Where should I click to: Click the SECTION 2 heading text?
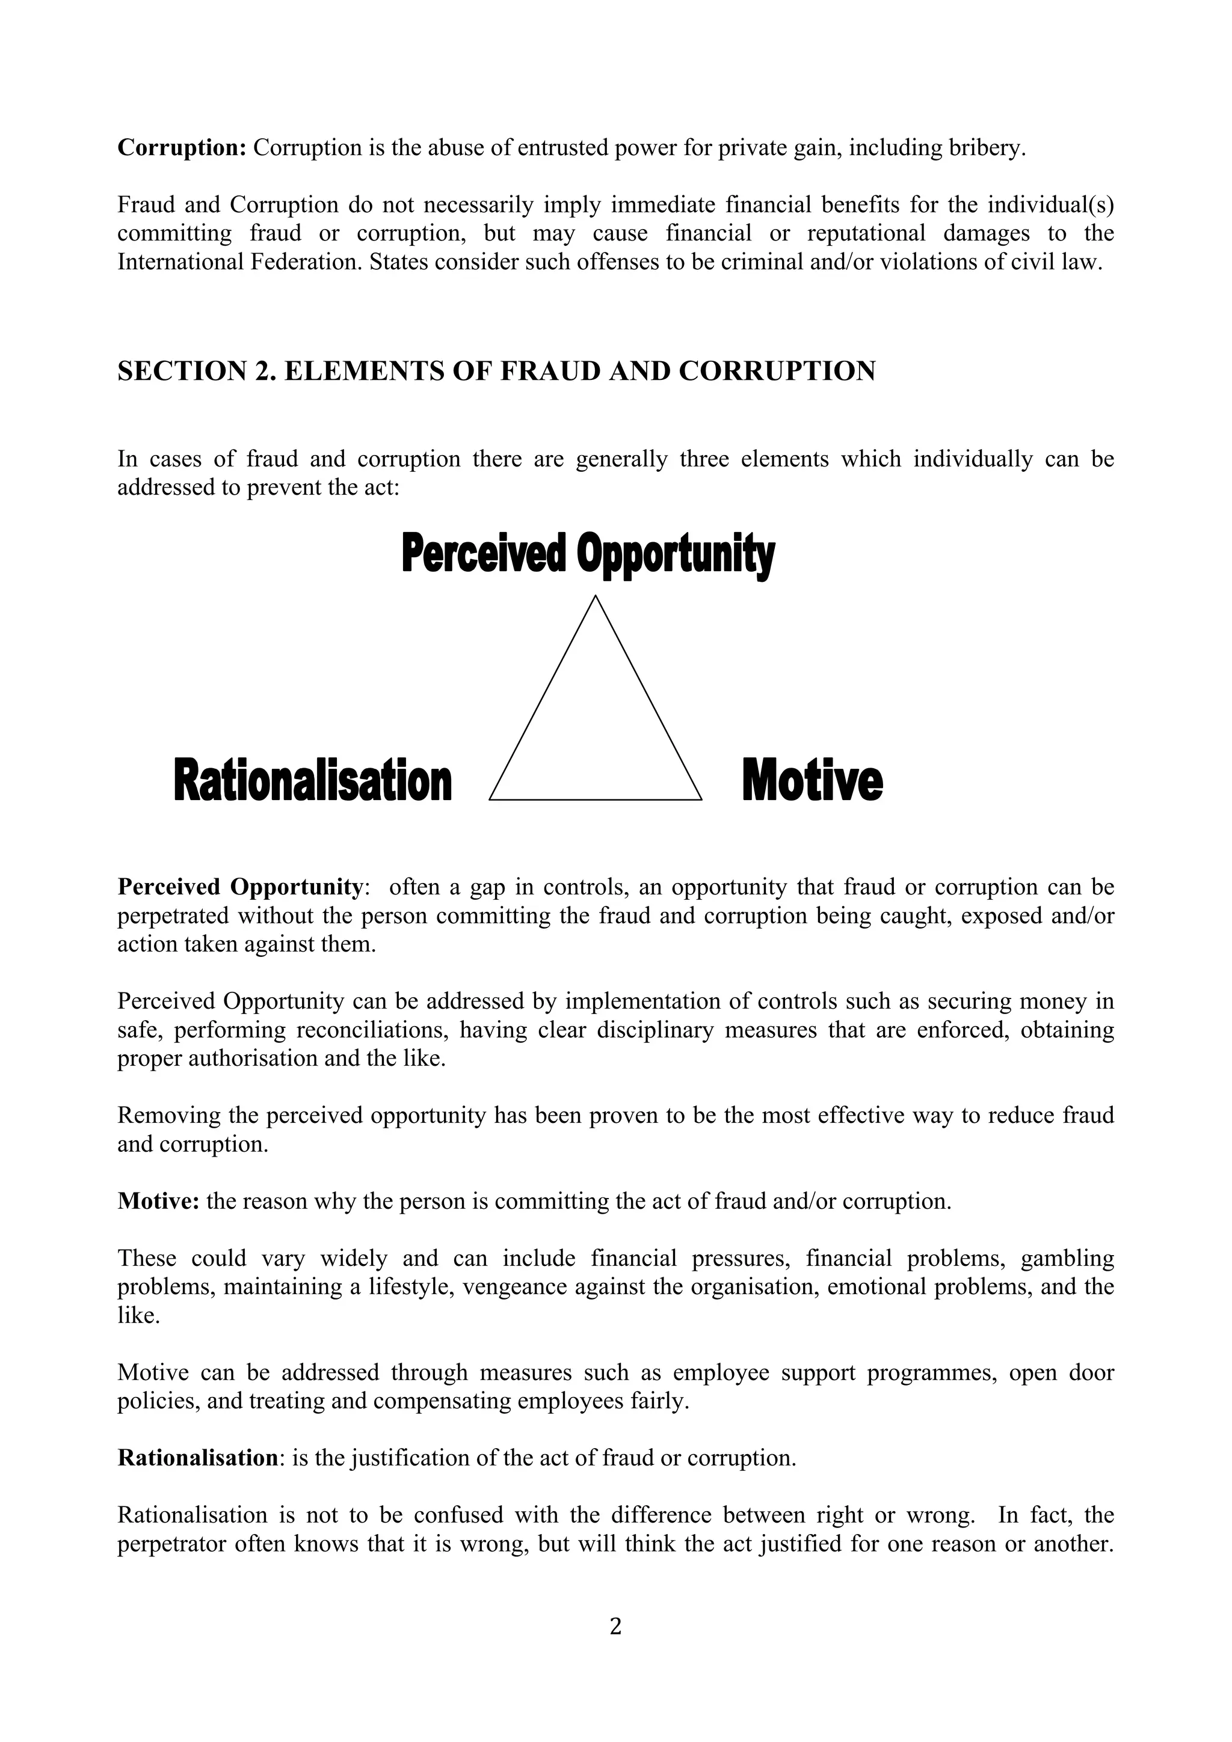click(496, 371)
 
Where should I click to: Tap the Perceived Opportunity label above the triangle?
click(588, 554)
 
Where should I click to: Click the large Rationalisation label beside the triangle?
click(313, 781)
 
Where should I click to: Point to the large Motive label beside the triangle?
click(812, 781)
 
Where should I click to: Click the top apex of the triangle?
click(595, 599)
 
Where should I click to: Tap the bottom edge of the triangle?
click(595, 799)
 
